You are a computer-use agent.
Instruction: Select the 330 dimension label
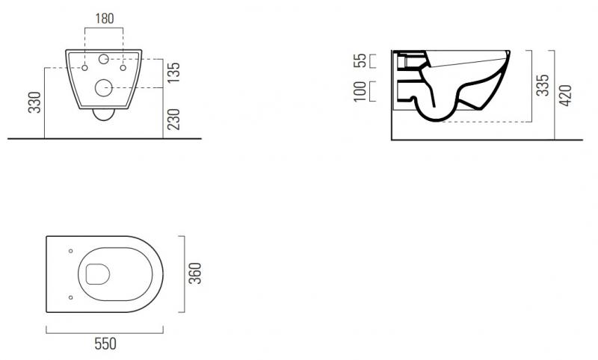34,103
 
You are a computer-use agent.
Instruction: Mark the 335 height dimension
543,84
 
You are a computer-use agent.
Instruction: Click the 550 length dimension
106,344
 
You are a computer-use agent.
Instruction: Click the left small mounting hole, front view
85,69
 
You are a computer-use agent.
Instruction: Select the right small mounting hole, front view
123,69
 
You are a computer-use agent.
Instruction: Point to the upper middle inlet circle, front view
104,59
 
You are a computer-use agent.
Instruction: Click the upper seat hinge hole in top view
70,250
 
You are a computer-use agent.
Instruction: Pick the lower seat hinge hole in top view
70,297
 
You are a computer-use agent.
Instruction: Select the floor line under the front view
105,138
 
